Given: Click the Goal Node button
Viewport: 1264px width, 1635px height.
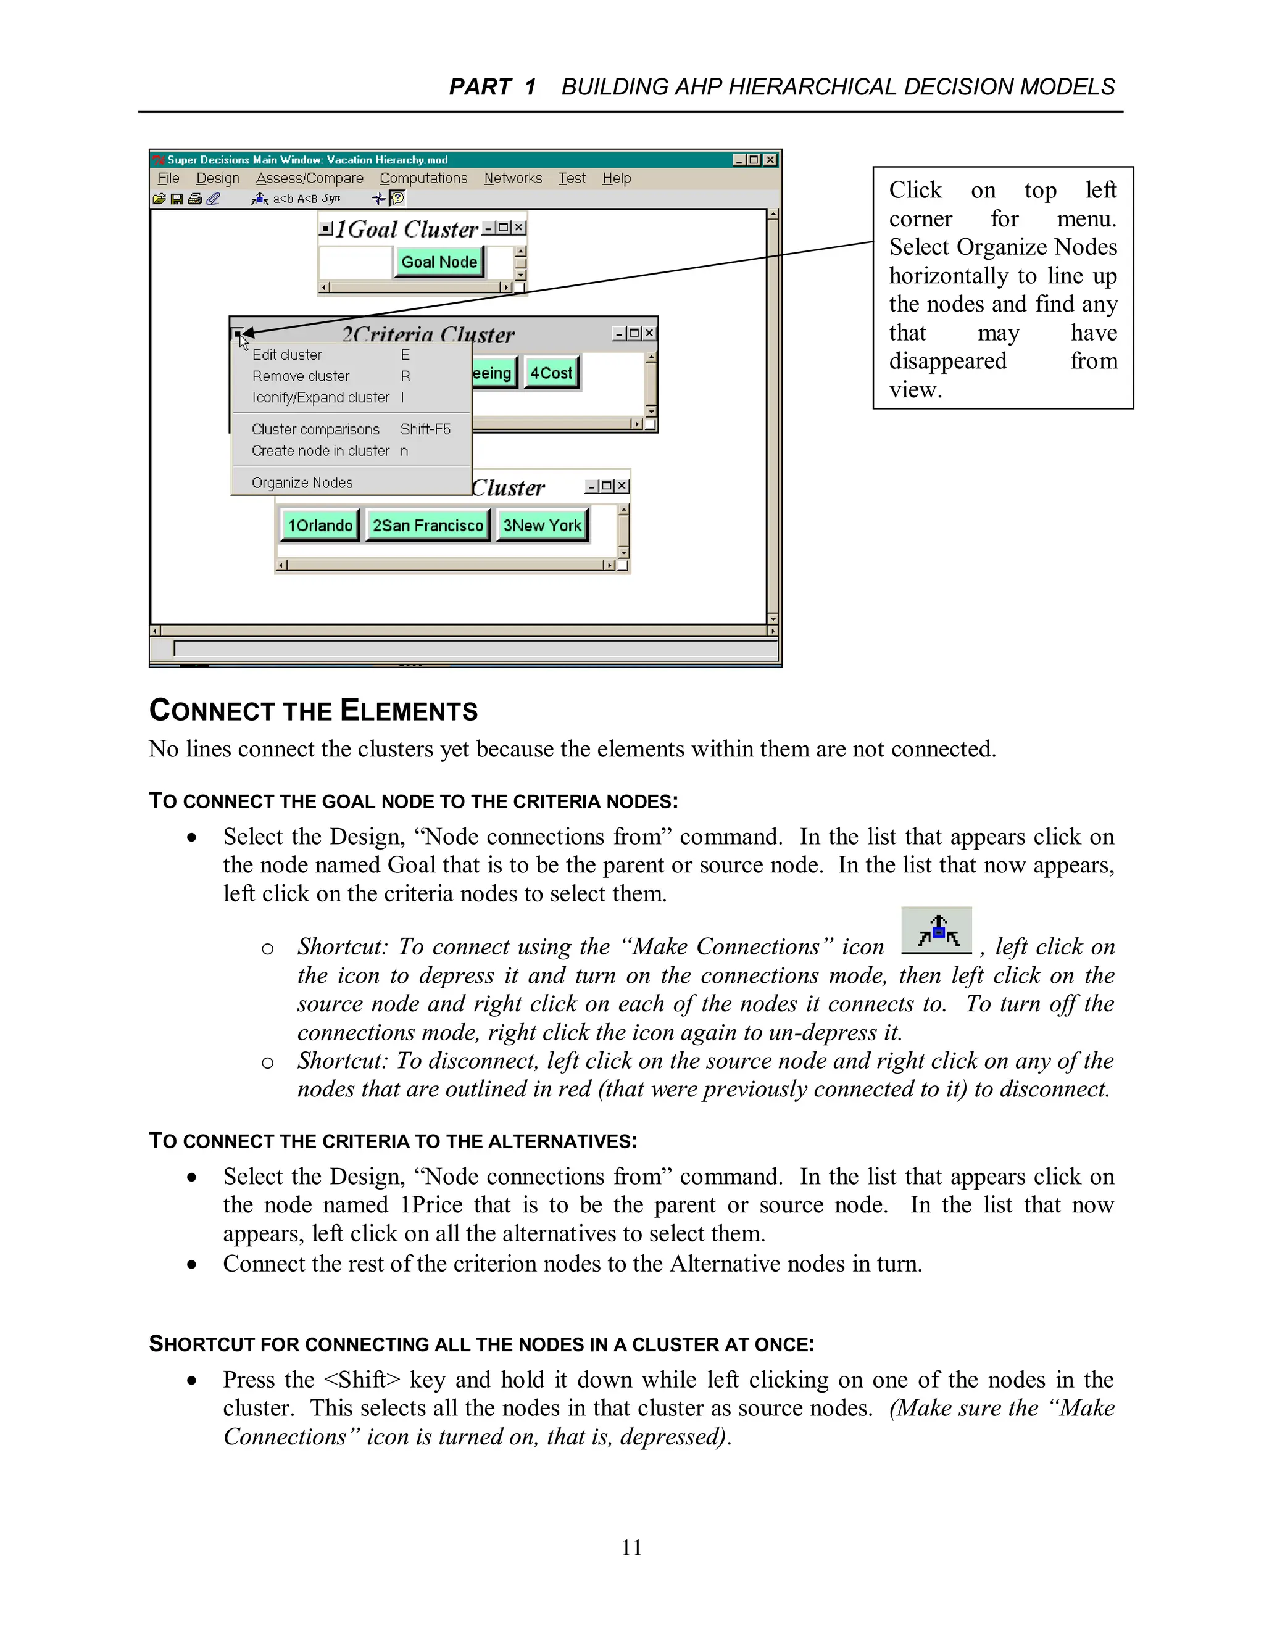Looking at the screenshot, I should pos(439,262).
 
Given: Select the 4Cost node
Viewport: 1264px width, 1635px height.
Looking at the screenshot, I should pos(551,373).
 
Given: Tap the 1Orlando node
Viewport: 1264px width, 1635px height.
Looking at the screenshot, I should pos(320,526).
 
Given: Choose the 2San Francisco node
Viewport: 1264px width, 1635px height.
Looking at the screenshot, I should pos(428,526).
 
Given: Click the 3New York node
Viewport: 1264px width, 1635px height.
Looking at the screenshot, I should pos(542,526).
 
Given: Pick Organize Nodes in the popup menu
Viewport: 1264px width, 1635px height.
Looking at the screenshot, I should pos(302,483).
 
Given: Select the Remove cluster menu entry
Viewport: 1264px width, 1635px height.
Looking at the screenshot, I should pos(301,376).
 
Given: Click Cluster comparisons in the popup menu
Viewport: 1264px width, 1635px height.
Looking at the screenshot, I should pos(315,429).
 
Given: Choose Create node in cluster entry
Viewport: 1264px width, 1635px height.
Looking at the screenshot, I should pos(320,450).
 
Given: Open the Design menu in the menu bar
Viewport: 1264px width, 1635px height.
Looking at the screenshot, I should pos(218,178).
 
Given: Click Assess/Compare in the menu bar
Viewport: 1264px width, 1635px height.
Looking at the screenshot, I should pos(309,178).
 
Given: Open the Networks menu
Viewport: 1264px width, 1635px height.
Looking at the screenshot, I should pos(513,178).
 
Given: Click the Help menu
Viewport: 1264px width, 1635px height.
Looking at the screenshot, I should pos(617,178).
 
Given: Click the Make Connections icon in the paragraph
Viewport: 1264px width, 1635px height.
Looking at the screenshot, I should pos(936,931).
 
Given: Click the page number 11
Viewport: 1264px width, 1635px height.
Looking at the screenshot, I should pos(631,1547).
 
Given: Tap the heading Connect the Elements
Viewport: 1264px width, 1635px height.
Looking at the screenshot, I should pos(313,710).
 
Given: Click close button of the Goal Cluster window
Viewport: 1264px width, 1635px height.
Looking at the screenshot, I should pos(519,228).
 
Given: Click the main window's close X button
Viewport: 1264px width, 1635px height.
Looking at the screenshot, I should pos(770,159).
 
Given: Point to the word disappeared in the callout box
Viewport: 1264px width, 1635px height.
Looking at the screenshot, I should pos(947,361).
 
